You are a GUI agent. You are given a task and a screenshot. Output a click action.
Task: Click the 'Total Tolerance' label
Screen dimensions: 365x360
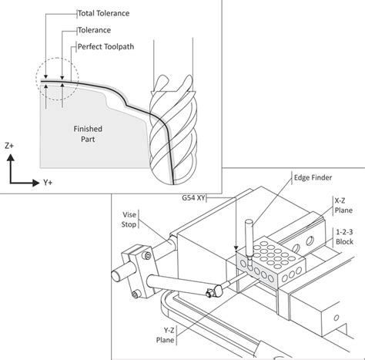(103, 13)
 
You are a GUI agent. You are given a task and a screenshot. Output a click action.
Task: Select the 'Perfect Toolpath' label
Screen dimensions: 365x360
(105, 47)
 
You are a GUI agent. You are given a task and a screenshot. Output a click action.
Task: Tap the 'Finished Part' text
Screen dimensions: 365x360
(88, 134)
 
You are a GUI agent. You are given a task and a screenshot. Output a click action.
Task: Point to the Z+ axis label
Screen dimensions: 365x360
(9, 146)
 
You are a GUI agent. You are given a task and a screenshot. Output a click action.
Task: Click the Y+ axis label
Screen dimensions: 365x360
(48, 183)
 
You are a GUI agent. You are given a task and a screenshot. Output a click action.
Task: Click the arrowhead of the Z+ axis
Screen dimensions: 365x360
(11, 157)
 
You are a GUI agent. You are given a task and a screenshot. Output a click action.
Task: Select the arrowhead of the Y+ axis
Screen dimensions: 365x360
(35, 183)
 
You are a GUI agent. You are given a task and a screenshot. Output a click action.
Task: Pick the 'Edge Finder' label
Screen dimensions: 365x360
(313, 177)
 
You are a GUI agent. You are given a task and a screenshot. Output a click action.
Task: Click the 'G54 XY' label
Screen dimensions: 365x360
(193, 198)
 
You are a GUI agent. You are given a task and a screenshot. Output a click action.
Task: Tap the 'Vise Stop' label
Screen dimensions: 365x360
(129, 220)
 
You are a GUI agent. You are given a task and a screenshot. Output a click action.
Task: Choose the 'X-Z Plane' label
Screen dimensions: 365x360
(343, 205)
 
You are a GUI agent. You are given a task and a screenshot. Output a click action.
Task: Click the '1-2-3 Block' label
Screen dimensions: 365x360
(344, 237)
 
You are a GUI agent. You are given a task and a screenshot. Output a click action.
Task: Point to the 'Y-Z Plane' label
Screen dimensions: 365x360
(166, 335)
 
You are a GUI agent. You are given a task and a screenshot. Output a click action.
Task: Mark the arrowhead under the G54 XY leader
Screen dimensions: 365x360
(236, 247)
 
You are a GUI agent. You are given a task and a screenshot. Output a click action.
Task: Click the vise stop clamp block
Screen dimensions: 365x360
(137, 271)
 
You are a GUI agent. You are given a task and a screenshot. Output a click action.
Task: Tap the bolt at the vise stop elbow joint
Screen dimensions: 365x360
(209, 293)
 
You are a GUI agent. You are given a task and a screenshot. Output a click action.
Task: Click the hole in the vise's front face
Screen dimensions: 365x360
(337, 318)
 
